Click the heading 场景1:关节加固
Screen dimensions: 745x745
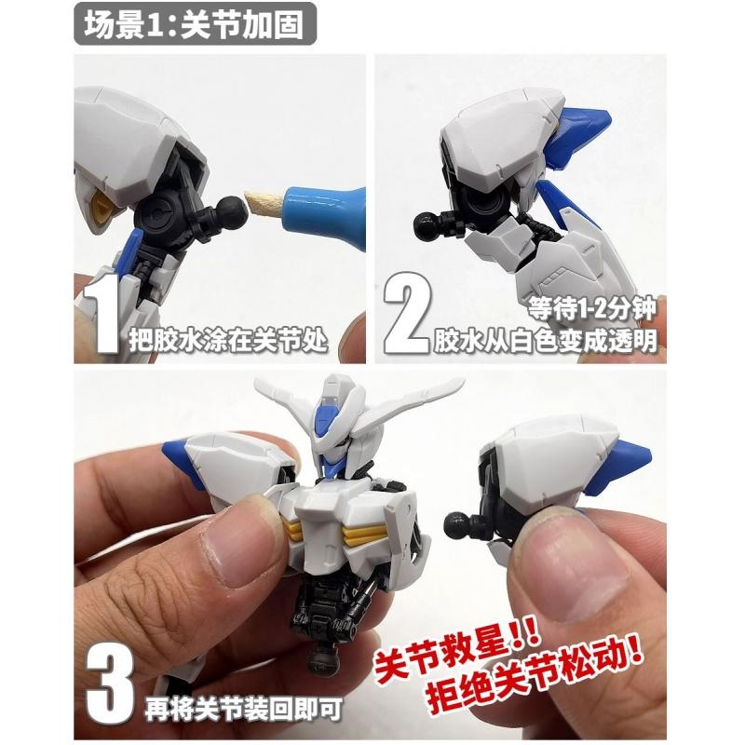[x=194, y=24]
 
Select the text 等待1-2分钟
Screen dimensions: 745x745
[x=592, y=309]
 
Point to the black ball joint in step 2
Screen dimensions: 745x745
[x=427, y=224]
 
